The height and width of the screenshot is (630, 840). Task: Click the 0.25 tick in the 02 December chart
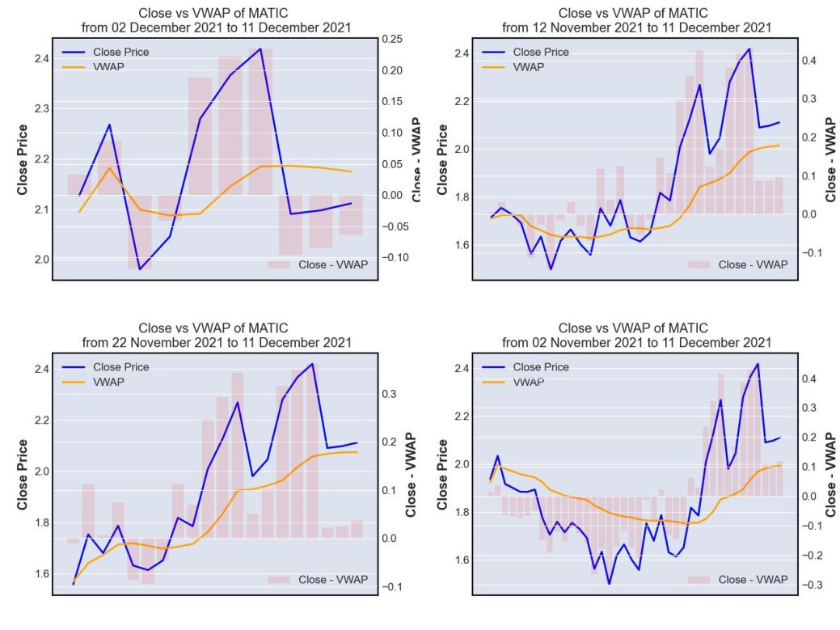coord(391,39)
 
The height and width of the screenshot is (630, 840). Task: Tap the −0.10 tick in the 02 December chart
coord(395,258)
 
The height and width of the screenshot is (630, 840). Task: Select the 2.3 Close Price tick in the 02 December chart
coord(42,108)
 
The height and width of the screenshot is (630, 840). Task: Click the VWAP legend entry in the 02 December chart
coord(93,67)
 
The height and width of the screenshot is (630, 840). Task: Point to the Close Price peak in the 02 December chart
coord(260,49)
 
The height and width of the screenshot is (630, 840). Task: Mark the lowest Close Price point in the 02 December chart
coord(140,269)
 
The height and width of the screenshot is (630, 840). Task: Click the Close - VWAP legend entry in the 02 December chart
coord(318,264)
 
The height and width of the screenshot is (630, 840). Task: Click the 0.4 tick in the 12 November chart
coord(809,61)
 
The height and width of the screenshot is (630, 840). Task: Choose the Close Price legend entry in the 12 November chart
coord(526,52)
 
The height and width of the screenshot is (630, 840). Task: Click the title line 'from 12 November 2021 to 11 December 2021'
coord(636,27)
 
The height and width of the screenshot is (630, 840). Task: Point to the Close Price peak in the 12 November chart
coord(749,49)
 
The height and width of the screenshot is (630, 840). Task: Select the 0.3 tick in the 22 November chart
coord(390,395)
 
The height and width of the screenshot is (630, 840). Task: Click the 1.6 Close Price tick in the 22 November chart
coord(42,573)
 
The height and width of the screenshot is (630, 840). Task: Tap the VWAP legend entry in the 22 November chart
coord(93,382)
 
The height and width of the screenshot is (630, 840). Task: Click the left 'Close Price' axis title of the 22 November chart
coord(22,475)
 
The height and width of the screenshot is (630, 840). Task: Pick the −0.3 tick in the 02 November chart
coord(813,585)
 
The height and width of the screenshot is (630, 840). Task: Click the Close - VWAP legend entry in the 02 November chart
coord(737,580)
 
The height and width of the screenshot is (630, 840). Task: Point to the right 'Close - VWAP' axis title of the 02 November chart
coord(831,475)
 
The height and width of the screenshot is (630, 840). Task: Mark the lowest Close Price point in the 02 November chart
coord(609,583)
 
